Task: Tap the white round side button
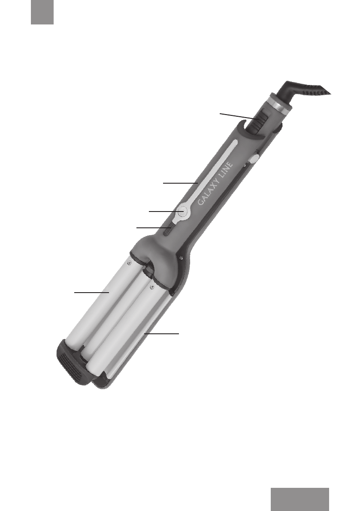254,159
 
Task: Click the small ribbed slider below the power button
168,230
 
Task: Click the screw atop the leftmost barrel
130,262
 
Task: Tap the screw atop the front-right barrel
151,287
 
